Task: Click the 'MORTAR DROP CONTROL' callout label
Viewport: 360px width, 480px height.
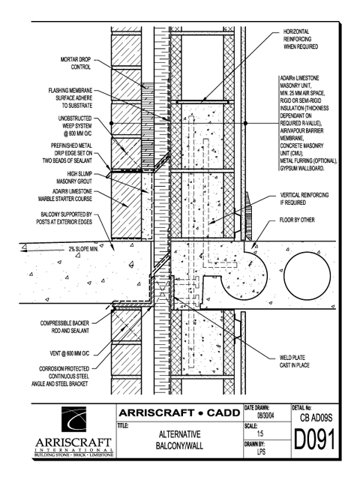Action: pos(76,63)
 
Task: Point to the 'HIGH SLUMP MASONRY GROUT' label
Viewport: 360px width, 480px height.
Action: pos(74,178)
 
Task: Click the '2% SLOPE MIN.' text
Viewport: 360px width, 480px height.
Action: pos(83,249)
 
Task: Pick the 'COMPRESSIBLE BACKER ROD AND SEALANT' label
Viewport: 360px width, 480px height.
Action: pos(65,327)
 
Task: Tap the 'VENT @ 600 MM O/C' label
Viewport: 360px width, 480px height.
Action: pos(70,353)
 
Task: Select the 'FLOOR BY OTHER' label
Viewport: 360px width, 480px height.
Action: pos(297,220)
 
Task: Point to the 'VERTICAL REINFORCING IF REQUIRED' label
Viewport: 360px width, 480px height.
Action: pos(304,199)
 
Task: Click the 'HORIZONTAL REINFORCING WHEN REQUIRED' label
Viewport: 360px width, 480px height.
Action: pos(301,39)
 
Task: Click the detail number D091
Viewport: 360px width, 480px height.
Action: pos(315,439)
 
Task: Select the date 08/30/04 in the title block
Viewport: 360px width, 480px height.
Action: pos(265,416)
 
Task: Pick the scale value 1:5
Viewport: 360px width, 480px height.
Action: pos(260,433)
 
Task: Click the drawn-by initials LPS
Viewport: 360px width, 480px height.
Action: pos(261,451)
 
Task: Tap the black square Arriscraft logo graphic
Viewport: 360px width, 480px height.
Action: pos(73,419)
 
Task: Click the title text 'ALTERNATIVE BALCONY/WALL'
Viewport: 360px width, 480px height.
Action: pos(179,440)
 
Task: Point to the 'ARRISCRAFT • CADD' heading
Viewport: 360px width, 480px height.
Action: pos(179,413)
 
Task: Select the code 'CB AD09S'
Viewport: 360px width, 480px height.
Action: pos(316,418)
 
